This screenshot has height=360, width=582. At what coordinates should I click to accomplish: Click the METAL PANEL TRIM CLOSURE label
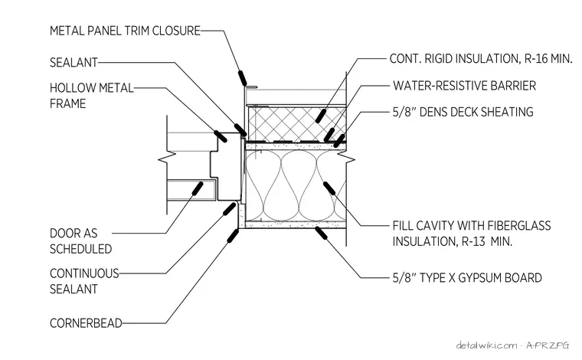click(x=125, y=31)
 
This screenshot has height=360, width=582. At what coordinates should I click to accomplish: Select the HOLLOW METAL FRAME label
click(x=91, y=96)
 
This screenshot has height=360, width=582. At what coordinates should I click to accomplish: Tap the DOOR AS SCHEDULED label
click(x=80, y=241)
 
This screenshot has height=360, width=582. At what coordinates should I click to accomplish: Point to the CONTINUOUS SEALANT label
click(x=84, y=281)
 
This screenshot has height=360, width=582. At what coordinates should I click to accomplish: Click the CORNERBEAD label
click(x=86, y=323)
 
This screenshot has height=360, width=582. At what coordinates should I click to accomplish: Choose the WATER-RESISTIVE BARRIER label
click(x=464, y=86)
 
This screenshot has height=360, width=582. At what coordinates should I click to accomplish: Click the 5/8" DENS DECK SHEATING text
click(x=463, y=112)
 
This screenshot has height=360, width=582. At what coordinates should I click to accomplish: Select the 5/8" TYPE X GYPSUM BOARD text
click(x=467, y=277)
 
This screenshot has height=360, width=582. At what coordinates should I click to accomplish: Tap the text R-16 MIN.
click(x=548, y=59)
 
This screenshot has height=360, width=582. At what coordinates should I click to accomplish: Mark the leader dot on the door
click(x=197, y=188)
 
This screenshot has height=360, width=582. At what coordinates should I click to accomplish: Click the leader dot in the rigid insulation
click(x=321, y=116)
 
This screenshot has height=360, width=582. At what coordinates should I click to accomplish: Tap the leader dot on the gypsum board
click(x=321, y=233)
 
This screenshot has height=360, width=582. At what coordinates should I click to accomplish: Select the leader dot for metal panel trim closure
click(x=243, y=78)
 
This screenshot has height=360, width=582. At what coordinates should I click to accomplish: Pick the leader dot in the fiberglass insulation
click(x=329, y=188)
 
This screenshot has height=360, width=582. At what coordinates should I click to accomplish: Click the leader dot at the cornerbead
click(x=233, y=236)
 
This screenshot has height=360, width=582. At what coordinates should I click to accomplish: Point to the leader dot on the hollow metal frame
click(x=221, y=136)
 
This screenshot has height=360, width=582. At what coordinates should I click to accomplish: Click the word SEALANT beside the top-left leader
click(x=74, y=62)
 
